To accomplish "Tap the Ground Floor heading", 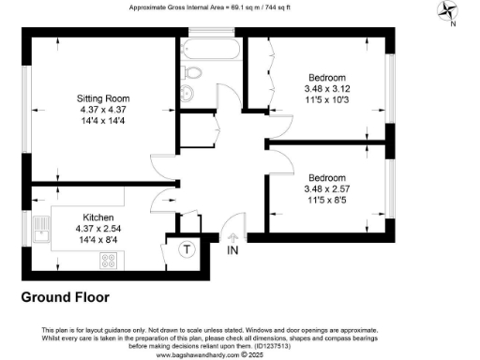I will coord(65,297).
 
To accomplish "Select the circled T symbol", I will coord(187,249).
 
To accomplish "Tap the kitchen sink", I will coord(39,228).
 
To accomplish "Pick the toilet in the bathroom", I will coord(192,72).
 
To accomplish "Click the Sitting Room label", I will coord(103,98).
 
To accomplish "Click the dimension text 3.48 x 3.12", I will coord(325,88).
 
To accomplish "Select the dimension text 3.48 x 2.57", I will coord(325,188).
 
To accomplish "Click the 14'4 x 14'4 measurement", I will coord(103,121).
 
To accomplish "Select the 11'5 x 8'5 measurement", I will coord(325,200).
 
